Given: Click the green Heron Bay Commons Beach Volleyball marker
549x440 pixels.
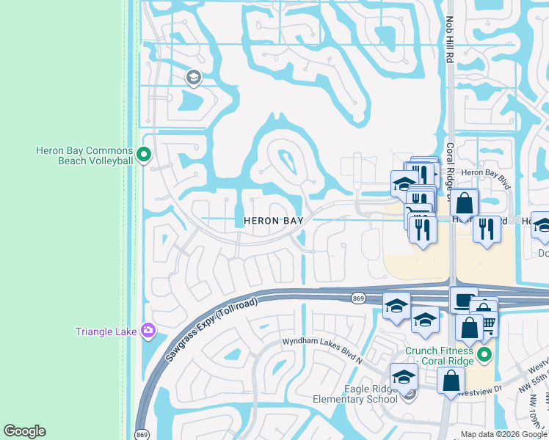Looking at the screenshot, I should [x=144, y=155].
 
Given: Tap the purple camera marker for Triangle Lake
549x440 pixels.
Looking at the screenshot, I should [x=149, y=331].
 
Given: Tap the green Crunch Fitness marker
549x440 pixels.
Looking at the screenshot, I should [x=484, y=356].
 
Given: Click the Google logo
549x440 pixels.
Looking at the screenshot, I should [x=24, y=431].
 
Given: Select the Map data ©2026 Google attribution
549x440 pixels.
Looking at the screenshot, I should [x=503, y=434].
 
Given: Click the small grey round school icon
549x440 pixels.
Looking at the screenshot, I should [x=194, y=77].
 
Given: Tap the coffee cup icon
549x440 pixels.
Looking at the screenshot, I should [x=463, y=301].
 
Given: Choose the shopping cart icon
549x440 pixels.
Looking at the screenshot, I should [x=487, y=322].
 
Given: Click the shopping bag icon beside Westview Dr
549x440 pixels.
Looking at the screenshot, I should [x=451, y=381].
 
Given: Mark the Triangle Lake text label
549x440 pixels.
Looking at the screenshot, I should [x=106, y=331].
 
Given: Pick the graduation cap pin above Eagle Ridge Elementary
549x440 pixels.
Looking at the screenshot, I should [x=404, y=377].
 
